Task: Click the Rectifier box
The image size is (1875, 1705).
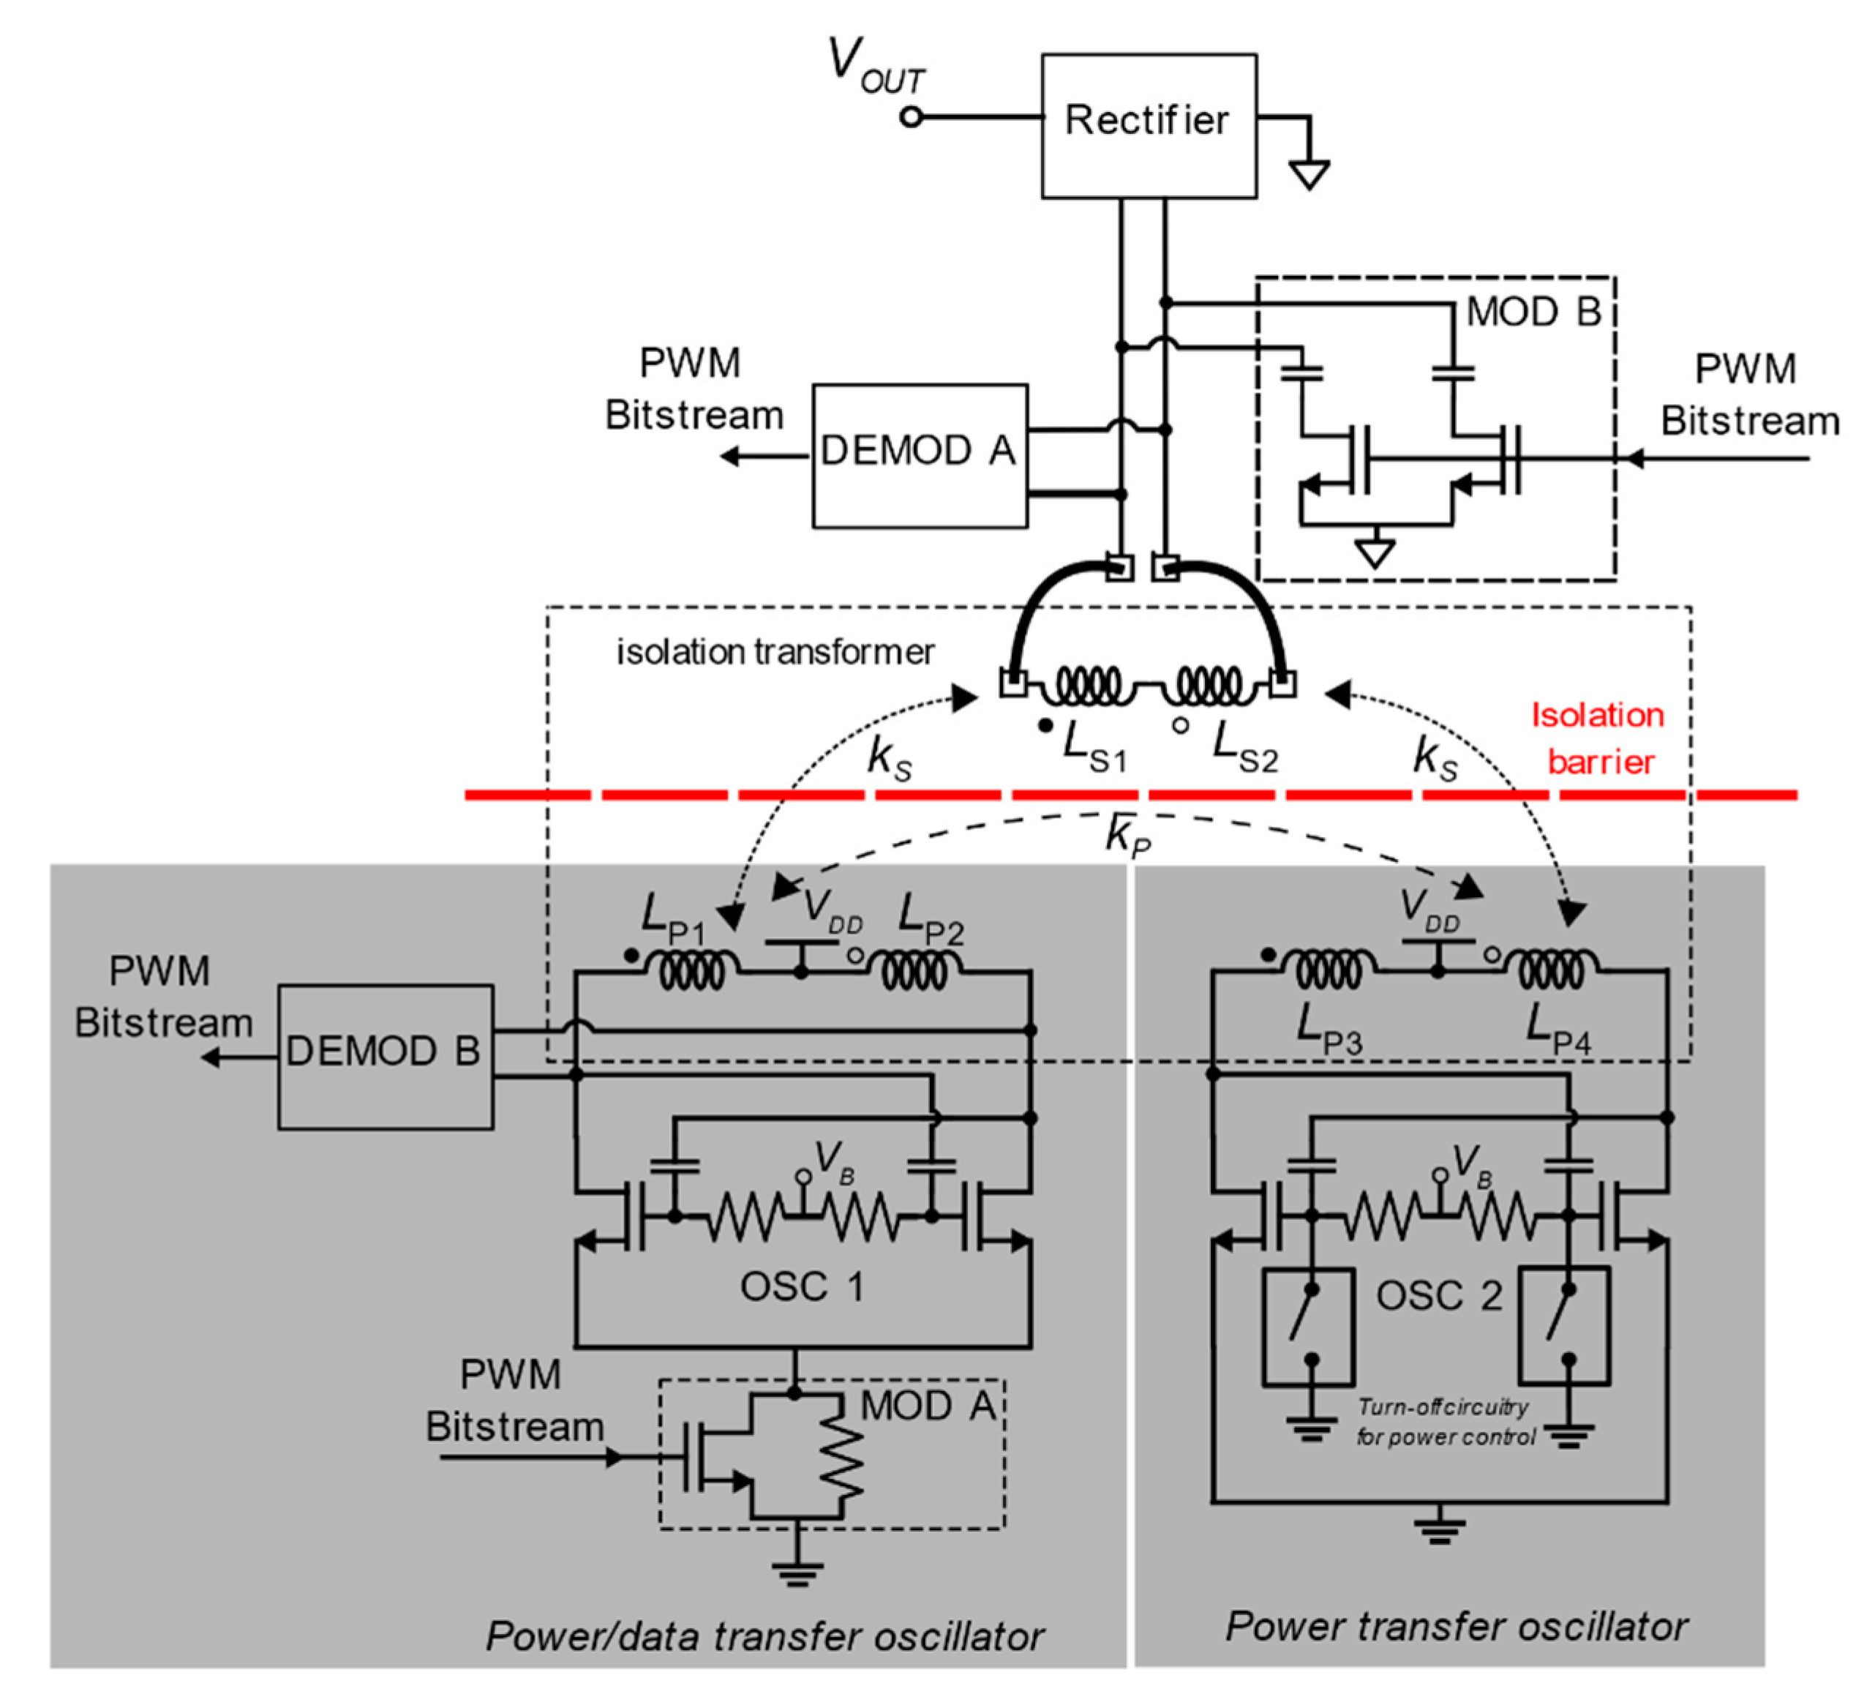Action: (x=1149, y=126)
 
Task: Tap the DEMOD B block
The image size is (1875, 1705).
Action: (x=385, y=1057)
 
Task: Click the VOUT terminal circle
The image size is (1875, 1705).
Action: (x=912, y=117)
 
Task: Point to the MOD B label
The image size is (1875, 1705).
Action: (x=1533, y=312)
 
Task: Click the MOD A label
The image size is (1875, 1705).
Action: (x=928, y=1406)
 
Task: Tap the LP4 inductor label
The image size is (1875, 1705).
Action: (x=1558, y=1028)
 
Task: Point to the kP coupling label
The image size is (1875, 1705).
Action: (x=1128, y=834)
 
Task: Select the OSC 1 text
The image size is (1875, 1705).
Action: (x=802, y=1287)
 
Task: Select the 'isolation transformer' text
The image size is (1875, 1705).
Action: (x=775, y=652)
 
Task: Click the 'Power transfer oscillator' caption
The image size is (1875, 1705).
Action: (x=1456, y=1626)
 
